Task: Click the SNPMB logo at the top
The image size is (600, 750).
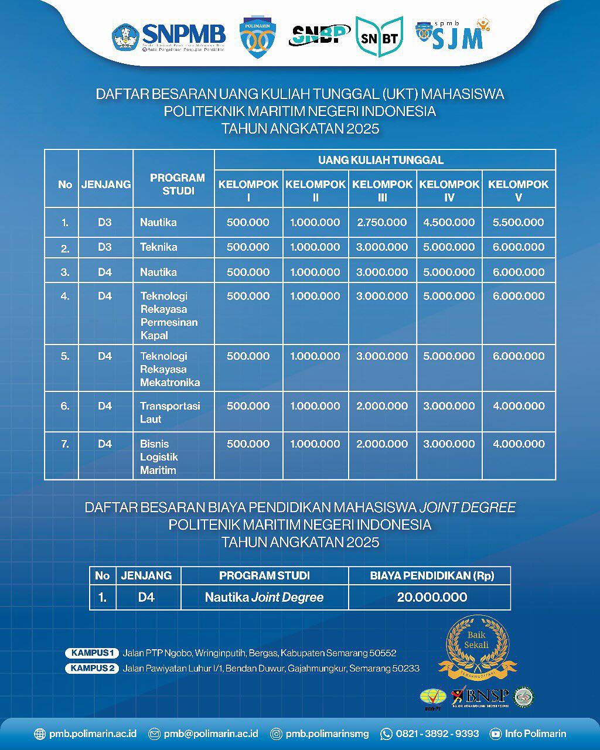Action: point(169,36)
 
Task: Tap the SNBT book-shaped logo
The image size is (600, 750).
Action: point(379,37)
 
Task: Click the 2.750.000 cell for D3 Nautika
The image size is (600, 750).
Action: point(382,223)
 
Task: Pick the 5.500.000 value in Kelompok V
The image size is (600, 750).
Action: point(518,223)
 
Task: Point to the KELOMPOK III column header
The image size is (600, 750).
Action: point(382,190)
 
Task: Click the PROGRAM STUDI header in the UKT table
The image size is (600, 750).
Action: point(177,184)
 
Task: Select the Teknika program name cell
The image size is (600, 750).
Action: point(159,247)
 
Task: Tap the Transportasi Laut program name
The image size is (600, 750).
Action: point(170,412)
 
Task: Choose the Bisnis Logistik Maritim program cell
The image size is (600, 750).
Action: point(159,457)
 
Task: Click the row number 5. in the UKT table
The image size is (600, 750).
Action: point(65,356)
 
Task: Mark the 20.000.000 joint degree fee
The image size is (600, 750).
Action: point(432,598)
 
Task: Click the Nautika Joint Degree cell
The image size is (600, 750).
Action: point(264,598)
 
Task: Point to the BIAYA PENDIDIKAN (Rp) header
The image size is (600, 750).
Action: point(432,576)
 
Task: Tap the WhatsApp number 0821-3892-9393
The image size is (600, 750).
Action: point(437,734)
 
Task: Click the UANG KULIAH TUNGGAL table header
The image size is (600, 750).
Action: point(381,160)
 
